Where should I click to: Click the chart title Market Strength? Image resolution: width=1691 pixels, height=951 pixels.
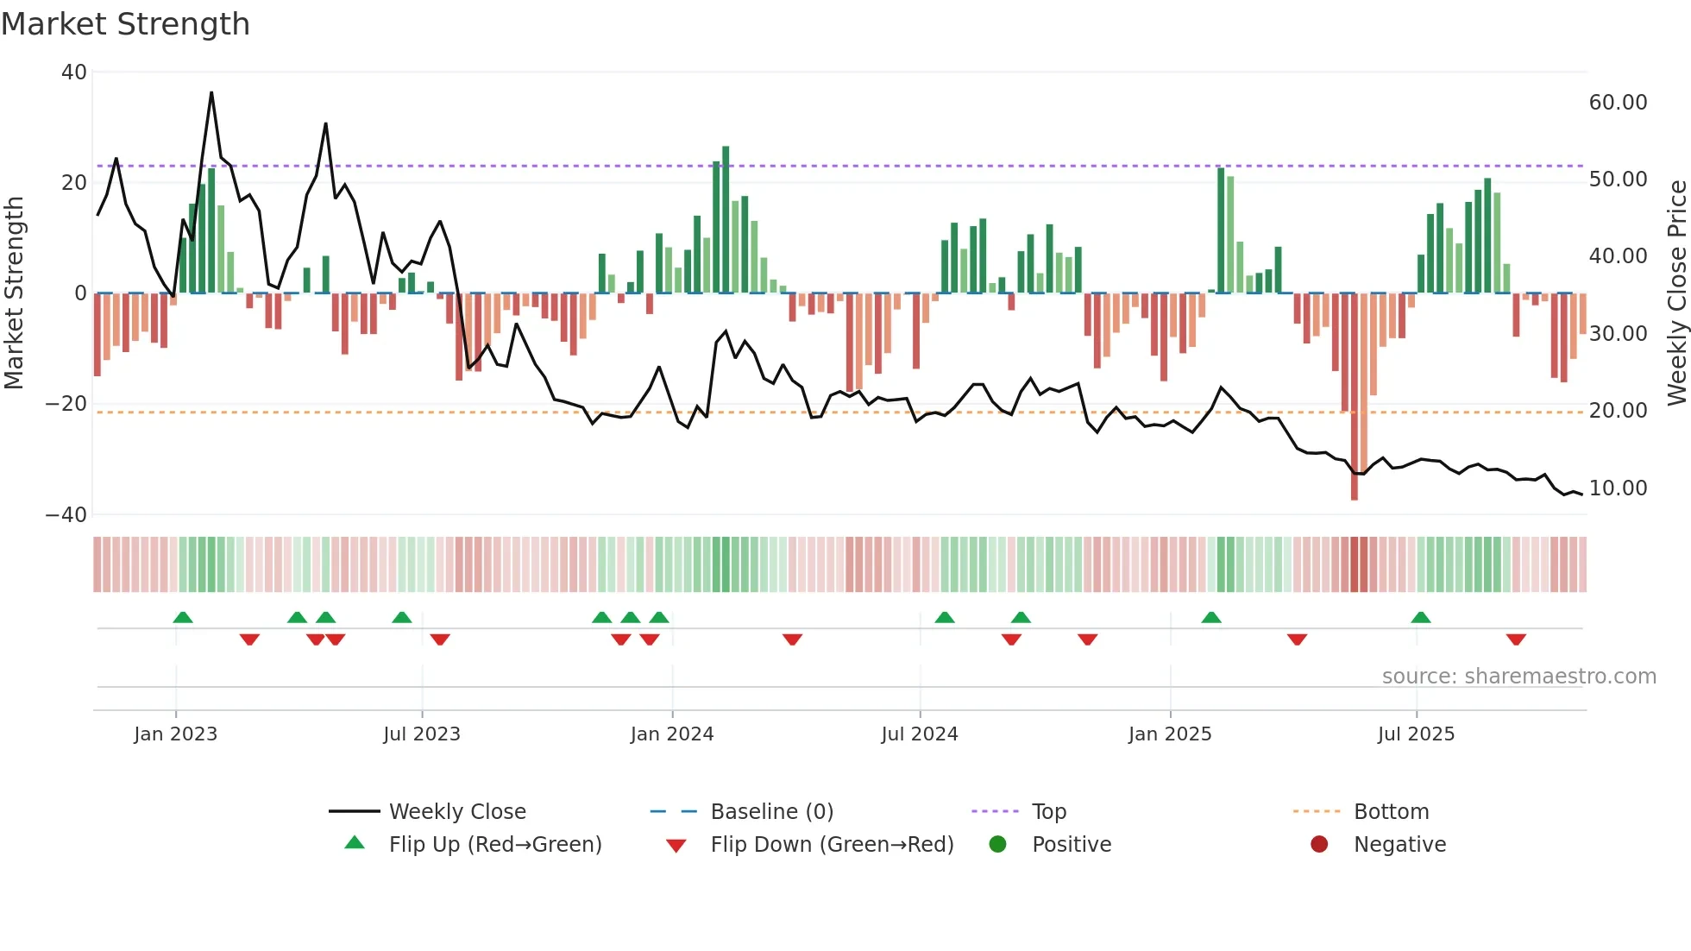pos(125,24)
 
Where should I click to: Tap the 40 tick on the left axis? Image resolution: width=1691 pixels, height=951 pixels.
pos(74,72)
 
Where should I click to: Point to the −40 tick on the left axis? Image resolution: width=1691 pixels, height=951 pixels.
pos(66,515)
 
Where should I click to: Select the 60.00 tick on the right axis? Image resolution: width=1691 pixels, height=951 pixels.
pos(1618,103)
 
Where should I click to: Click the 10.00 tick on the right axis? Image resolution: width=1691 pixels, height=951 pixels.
pos(1618,488)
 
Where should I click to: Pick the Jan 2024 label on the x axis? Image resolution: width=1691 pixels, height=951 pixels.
pos(672,734)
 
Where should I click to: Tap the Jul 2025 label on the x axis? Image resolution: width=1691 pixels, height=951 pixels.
pos(1416,734)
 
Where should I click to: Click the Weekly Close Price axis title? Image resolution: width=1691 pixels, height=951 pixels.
pos(1676,293)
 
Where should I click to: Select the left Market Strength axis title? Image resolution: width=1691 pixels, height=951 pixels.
pos(14,293)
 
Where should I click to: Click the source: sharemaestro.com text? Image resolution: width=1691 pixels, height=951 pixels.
pos(1518,677)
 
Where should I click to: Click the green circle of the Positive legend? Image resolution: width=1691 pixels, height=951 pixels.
pos(998,845)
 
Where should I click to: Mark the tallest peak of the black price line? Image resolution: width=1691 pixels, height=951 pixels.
pos(211,93)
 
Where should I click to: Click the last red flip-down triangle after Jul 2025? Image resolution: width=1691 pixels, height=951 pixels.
pos(1516,639)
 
